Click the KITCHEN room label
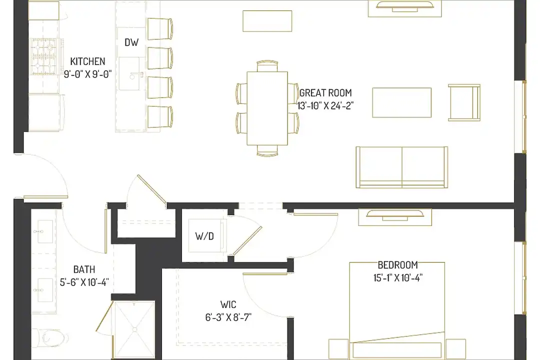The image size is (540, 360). point(87,61)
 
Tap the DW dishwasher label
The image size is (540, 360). point(131,42)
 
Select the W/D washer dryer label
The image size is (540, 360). point(204,236)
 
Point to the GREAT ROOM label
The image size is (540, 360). point(325,92)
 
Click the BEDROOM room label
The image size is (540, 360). point(398,265)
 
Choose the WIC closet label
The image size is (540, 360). point(228,304)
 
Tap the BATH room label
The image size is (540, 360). point(84,269)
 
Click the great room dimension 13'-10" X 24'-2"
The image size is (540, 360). point(325,105)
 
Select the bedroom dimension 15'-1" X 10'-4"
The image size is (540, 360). point(398,277)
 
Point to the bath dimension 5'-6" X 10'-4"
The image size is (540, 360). point(84,282)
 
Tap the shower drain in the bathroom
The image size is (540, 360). point(134,329)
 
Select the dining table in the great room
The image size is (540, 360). point(267,108)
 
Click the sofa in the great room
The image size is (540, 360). point(402,167)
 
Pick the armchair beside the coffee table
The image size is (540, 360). point(464,102)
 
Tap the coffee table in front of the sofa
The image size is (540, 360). point(401,102)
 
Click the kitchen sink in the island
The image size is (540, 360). point(129,73)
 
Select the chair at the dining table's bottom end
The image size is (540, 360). point(267,150)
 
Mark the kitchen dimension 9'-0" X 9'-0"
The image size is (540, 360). point(87,74)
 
